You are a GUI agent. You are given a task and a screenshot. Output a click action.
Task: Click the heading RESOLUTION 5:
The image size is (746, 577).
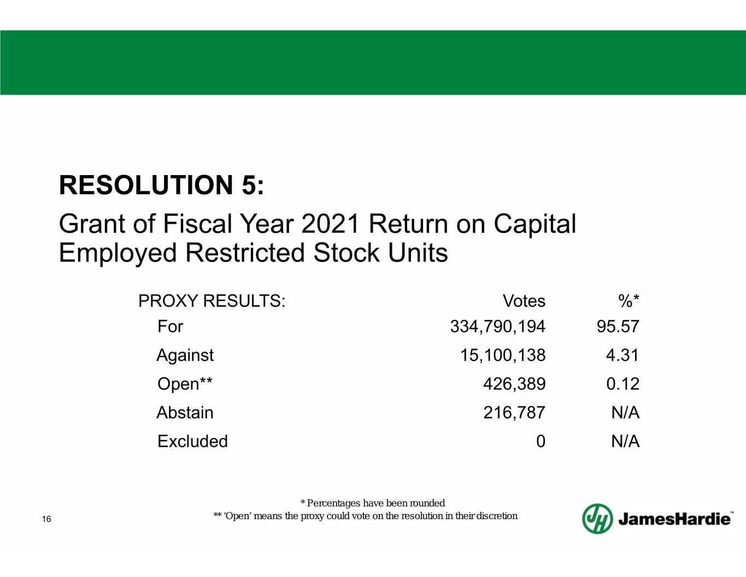coord(162,185)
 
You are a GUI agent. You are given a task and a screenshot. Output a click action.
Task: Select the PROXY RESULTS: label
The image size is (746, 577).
coord(212,301)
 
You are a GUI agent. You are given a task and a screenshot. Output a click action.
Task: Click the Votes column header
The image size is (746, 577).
coord(524,301)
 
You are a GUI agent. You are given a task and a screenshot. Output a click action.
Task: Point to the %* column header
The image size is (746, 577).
coord(628,301)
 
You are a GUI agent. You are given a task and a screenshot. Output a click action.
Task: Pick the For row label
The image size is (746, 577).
coord(171,327)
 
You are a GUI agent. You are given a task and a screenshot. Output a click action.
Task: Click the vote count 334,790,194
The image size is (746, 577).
coord(498,327)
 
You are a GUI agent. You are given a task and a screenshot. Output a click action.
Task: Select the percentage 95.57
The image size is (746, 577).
coord(618,327)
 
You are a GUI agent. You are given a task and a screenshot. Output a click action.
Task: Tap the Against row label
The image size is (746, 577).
coord(185,355)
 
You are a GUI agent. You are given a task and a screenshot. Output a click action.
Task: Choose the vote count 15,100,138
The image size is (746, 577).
coord(503,355)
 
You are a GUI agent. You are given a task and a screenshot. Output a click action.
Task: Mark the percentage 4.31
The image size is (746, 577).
coord(622,355)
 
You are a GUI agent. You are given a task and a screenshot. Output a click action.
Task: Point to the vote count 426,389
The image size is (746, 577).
coord(514,384)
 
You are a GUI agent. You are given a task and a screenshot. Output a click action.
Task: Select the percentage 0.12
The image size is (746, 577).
coord(622,384)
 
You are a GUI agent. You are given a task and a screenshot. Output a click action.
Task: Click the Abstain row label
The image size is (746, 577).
coord(185,412)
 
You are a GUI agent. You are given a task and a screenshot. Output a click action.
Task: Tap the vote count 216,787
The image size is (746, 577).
coord(514,413)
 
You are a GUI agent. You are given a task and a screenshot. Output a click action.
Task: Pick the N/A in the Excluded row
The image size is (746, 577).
coord(626,441)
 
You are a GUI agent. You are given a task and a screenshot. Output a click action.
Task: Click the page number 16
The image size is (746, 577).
coord(46,519)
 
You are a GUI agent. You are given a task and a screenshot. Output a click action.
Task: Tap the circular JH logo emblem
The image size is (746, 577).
coord(597,518)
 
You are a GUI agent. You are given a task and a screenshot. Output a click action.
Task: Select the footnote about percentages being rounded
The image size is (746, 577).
coord(373,503)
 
